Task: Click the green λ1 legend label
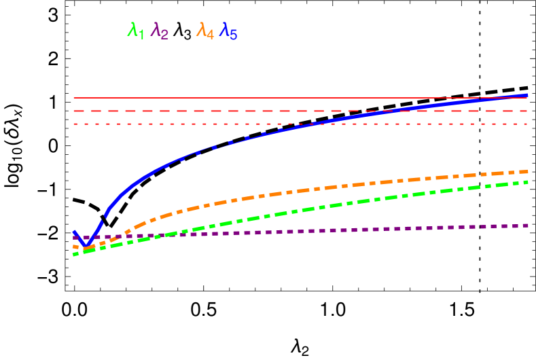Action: [136, 31]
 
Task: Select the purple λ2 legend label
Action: [160, 31]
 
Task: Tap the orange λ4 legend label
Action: [205, 31]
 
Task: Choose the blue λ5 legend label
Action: [228, 31]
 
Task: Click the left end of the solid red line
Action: [74, 98]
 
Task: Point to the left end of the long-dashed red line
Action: [74, 111]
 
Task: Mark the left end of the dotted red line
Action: [74, 124]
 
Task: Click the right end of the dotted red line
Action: [527, 124]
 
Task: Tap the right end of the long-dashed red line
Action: [527, 111]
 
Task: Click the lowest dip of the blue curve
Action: [85, 245]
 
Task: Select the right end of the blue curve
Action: [527, 95]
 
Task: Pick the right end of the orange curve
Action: [527, 171]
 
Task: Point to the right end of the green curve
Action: [527, 182]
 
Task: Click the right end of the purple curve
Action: [527, 225]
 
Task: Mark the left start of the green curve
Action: [74, 254]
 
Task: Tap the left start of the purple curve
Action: [74, 238]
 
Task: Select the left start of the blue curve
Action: [74, 232]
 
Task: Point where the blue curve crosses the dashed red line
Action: [391, 111]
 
